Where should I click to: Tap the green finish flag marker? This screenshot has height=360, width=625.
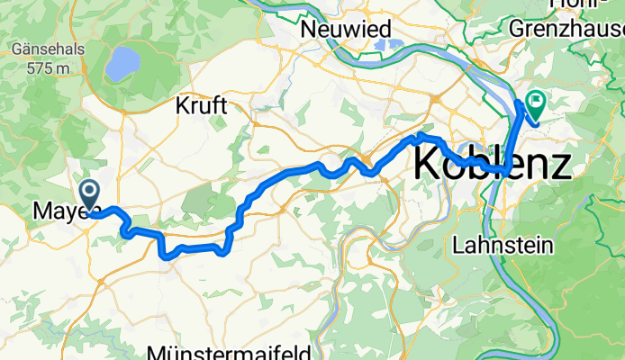pos(536,105)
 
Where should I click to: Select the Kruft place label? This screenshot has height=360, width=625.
pos(204,106)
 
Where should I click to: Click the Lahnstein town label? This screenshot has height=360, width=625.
pos(494,244)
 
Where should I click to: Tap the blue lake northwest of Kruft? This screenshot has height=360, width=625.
pos(122,64)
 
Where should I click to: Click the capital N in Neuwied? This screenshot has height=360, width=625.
pos(307,29)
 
